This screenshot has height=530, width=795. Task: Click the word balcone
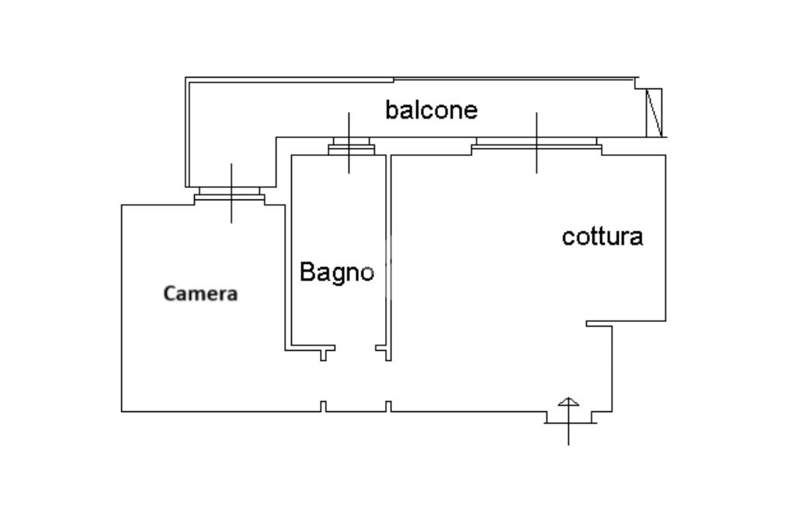pyautogui.click(x=432, y=110)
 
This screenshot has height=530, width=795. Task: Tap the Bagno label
pyautogui.click(x=337, y=273)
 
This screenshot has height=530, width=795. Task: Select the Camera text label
pyautogui.click(x=201, y=293)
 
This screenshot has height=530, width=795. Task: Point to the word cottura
pyautogui.click(x=602, y=237)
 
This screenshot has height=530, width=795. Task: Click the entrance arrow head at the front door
pyautogui.click(x=568, y=402)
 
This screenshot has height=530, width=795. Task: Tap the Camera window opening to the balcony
pyautogui.click(x=229, y=193)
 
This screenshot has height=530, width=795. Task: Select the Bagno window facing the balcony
pyautogui.click(x=352, y=146)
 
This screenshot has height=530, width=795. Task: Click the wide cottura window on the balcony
pyautogui.click(x=536, y=146)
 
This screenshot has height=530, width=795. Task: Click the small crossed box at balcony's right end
pyautogui.click(x=654, y=113)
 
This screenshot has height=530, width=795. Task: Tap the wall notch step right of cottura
pyautogui.click(x=599, y=324)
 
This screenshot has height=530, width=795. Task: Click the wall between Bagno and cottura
pyautogui.click(x=389, y=252)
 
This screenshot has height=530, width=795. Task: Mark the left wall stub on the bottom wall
pyautogui.click(x=323, y=407)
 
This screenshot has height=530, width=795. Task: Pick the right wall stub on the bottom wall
pyautogui.click(x=388, y=407)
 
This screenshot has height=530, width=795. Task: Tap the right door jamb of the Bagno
pyautogui.click(x=384, y=353)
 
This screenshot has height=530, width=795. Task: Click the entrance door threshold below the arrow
pyautogui.click(x=571, y=423)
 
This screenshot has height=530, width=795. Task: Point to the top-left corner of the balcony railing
pyautogui.click(x=186, y=78)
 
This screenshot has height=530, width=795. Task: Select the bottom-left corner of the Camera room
pyautogui.click(x=122, y=411)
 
